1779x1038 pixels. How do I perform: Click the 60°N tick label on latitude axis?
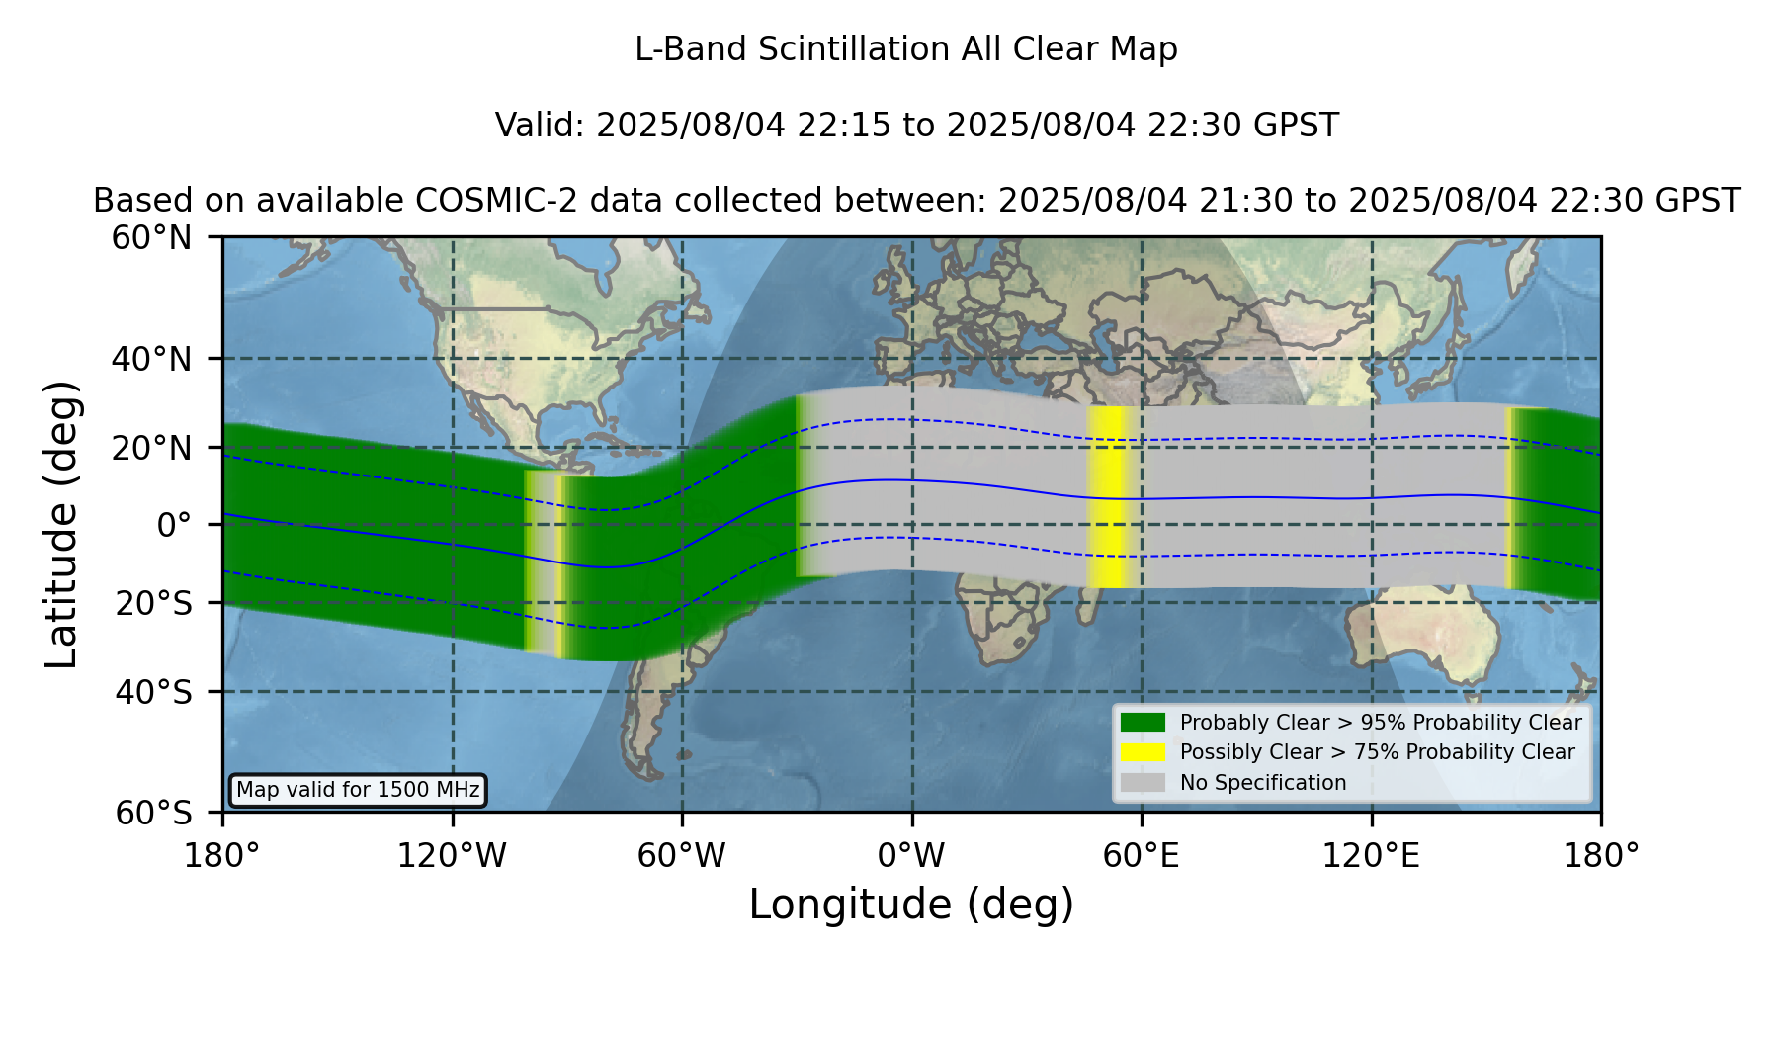pyautogui.click(x=152, y=238)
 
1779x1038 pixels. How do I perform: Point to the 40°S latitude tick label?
pyautogui.click(x=154, y=692)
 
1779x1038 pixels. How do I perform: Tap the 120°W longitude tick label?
pyautogui.click(x=453, y=856)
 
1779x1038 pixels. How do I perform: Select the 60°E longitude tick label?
pyautogui.click(x=1142, y=856)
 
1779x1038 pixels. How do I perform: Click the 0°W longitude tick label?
pyautogui.click(x=912, y=856)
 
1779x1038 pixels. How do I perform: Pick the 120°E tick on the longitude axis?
pyautogui.click(x=1372, y=856)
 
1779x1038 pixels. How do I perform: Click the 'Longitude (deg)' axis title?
pyautogui.click(x=911, y=905)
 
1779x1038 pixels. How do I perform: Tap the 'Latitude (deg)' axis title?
pyautogui.click(x=61, y=524)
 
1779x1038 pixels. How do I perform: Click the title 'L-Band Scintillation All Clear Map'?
pyautogui.click(x=906, y=49)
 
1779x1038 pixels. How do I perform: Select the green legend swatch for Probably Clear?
pyautogui.click(x=1143, y=722)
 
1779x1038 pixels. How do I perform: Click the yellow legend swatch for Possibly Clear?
pyautogui.click(x=1143, y=752)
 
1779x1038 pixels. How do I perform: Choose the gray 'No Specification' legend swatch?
pyautogui.click(x=1143, y=783)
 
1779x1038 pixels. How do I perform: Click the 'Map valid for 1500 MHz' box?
pyautogui.click(x=358, y=790)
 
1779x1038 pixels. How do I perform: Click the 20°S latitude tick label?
pyautogui.click(x=154, y=603)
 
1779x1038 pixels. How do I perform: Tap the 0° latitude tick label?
pyautogui.click(x=174, y=525)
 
